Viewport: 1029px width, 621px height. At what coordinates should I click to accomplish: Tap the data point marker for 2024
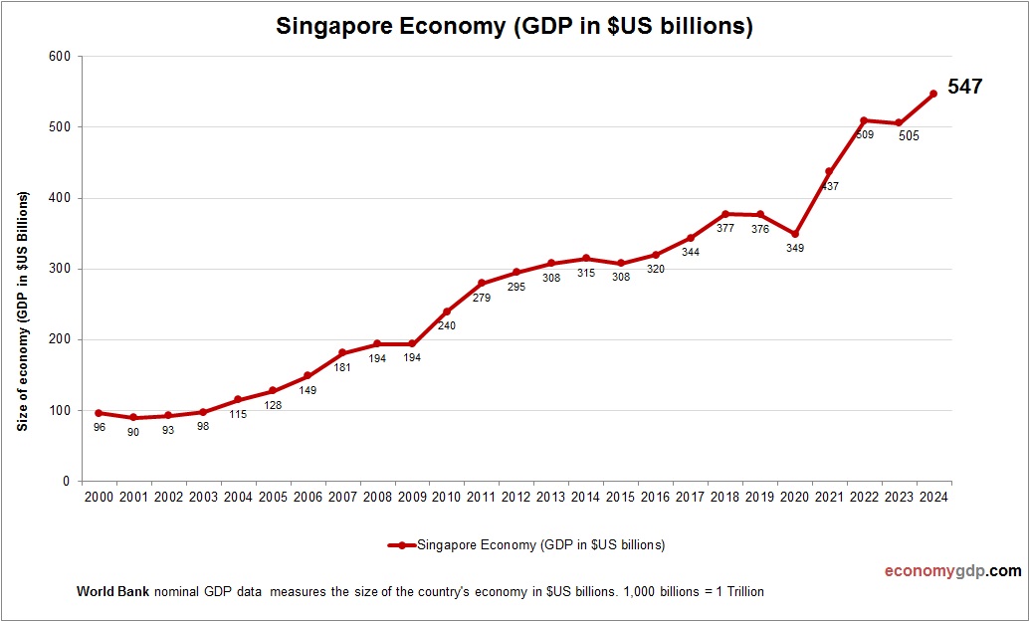point(933,94)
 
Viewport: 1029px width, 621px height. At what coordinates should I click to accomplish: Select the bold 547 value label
point(964,87)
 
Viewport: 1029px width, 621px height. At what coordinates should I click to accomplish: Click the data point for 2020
point(794,234)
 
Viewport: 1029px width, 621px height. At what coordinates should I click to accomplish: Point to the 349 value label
point(794,248)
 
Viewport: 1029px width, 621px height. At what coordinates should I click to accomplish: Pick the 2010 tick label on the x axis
point(447,497)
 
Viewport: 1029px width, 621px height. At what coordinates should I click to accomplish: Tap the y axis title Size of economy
point(21,310)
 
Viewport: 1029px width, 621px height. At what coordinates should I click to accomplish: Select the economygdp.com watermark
point(952,571)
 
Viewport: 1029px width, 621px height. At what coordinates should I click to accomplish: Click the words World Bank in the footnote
point(112,592)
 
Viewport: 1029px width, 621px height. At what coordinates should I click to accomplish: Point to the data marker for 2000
point(99,413)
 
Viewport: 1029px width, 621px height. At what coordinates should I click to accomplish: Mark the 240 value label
point(447,325)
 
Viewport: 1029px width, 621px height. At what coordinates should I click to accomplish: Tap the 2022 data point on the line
point(864,120)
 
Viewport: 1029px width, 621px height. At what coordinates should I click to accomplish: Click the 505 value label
point(908,136)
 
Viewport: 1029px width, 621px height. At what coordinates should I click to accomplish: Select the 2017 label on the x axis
point(690,497)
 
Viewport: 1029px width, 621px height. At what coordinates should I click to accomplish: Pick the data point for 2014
point(585,259)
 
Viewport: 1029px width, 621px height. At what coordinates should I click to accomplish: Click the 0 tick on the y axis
point(66,482)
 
